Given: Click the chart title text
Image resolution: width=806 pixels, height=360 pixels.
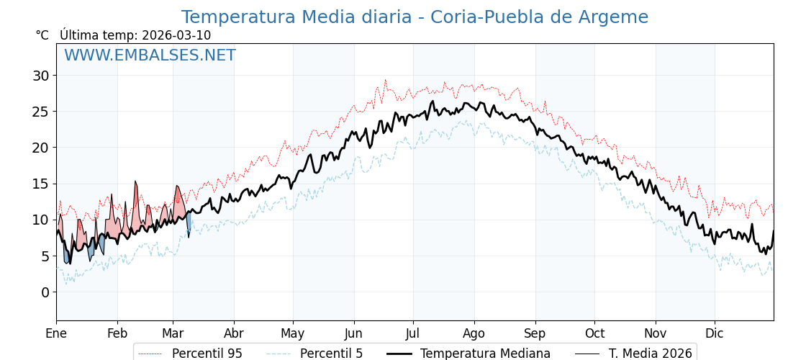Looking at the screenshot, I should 415,17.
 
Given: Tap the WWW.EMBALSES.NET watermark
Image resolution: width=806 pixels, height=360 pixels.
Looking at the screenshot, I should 150,55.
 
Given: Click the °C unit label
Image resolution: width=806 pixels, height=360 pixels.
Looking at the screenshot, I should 42,35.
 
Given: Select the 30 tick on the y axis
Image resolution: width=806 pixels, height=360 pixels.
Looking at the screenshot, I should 40,76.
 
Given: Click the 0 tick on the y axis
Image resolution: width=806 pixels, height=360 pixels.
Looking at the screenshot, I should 45,292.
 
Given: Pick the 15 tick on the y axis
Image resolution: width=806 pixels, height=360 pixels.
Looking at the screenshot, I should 40,184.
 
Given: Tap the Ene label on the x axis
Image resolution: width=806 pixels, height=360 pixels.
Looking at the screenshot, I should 56,333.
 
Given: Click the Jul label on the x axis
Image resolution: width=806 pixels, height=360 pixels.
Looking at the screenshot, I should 413,333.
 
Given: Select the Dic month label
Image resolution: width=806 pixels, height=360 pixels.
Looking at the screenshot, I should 715,333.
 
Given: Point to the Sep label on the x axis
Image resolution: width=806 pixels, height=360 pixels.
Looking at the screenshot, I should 535,333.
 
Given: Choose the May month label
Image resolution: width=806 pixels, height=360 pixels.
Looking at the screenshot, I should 293,333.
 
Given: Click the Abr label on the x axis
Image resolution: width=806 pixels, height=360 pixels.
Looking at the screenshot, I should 234,333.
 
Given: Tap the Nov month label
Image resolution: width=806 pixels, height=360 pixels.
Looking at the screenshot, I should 656,333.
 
